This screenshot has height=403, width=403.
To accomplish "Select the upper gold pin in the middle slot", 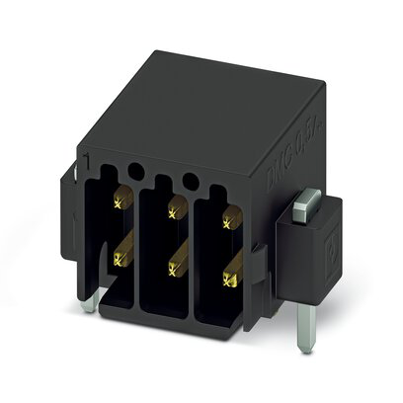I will coord(176,206).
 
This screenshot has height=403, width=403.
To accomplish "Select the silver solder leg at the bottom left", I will coord(90,300).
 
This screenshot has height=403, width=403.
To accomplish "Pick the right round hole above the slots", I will coord(190,179).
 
